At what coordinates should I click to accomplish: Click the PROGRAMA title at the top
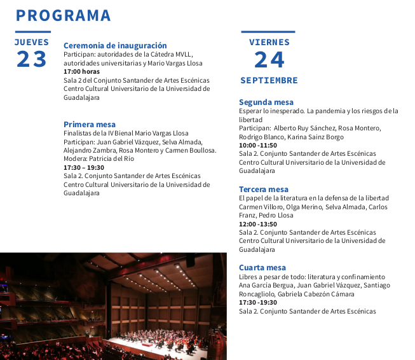pyautogui.click(x=64, y=15)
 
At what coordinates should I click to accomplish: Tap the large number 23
pyautogui.click(x=32, y=59)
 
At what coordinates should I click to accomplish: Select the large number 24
pyautogui.click(x=269, y=60)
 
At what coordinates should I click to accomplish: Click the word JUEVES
pyautogui.click(x=32, y=42)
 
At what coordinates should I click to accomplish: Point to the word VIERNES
pyautogui.click(x=269, y=42)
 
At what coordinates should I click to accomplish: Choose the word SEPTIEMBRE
pyautogui.click(x=269, y=81)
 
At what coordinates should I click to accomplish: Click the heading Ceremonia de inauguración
pyautogui.click(x=115, y=46)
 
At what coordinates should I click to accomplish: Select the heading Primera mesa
pyautogui.click(x=90, y=124)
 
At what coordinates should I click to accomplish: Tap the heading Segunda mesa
pyautogui.click(x=266, y=102)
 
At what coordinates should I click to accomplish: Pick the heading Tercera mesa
pyautogui.click(x=264, y=190)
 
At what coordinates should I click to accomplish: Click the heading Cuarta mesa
pyautogui.click(x=262, y=268)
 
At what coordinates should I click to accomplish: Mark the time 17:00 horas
pyautogui.click(x=81, y=72)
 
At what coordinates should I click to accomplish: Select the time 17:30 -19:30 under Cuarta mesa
pyautogui.click(x=258, y=303)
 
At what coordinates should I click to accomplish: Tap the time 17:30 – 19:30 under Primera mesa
pyautogui.click(x=84, y=167)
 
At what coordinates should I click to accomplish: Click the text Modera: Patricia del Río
pyautogui.click(x=99, y=159)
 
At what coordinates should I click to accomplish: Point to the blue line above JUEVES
pyautogui.click(x=32, y=32)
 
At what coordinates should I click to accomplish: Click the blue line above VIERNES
pyautogui.click(x=268, y=32)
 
